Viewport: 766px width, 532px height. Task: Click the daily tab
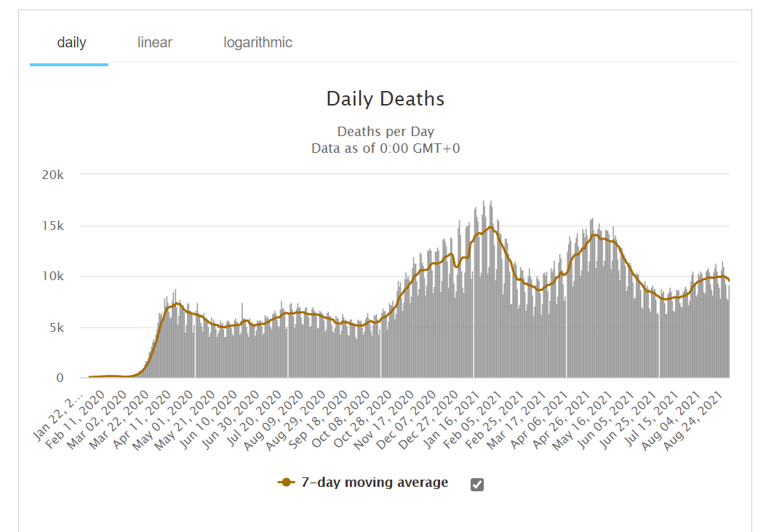[71, 42]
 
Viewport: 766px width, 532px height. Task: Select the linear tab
[155, 42]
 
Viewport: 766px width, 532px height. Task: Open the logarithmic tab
[258, 42]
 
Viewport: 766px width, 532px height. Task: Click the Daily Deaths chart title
[385, 99]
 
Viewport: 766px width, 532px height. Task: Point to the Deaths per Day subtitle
[385, 132]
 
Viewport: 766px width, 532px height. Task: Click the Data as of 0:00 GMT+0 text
[385, 148]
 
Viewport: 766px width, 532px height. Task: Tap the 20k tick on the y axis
[54, 175]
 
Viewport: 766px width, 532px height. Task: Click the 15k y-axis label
[54, 226]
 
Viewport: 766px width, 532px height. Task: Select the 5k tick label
[57, 327]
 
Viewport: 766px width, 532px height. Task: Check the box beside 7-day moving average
[477, 484]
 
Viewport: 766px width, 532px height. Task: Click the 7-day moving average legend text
[375, 483]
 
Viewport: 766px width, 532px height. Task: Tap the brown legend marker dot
[286, 483]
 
